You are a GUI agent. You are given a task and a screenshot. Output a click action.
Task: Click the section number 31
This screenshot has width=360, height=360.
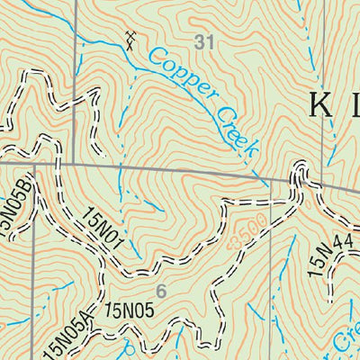coord(204,40)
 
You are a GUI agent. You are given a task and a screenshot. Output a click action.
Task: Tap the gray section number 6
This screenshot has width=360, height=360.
coord(161,291)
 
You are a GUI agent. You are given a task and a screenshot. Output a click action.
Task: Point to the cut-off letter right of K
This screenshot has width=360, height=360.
coord(355,105)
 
